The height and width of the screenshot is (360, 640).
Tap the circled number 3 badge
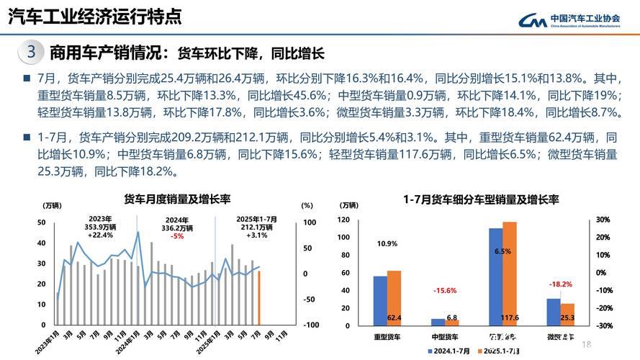[x=30, y=53]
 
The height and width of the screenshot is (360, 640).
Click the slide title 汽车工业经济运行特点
[x=94, y=15]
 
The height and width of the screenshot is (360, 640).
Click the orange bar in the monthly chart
[x=259, y=297]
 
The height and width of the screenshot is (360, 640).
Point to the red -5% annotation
[x=176, y=236]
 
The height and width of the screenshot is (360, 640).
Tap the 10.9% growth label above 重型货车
[x=387, y=244]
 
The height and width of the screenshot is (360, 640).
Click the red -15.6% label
[x=444, y=290]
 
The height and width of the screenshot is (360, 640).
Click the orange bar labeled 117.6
[x=509, y=274]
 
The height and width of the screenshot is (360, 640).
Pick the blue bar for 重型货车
[x=379, y=300]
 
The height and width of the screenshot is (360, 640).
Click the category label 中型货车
[x=444, y=337]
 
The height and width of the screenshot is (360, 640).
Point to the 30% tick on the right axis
[x=603, y=220]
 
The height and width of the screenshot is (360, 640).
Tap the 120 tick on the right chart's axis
[x=343, y=220]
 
